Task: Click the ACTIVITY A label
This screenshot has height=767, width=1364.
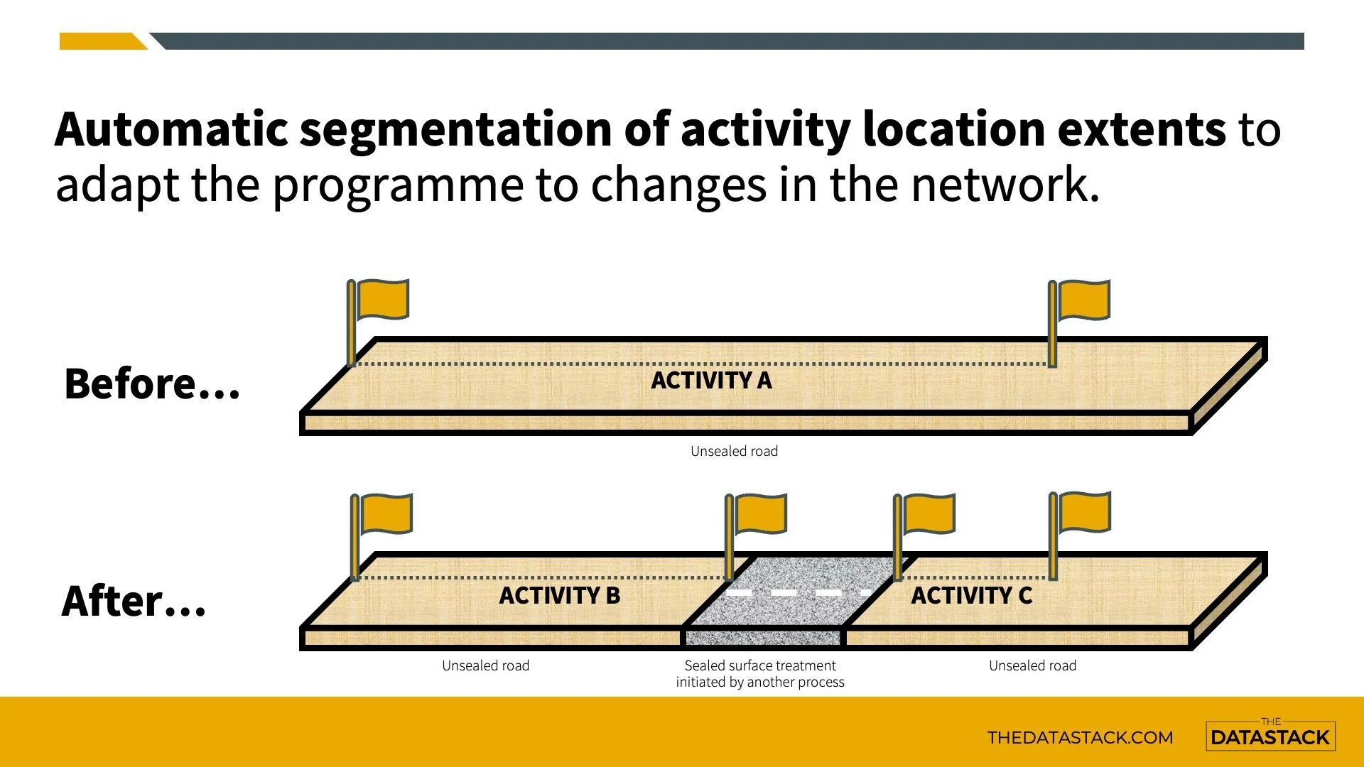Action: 711,381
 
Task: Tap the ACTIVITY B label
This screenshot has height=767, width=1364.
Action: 559,595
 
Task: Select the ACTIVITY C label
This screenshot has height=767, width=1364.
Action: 971,595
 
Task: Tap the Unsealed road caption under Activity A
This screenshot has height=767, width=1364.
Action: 734,451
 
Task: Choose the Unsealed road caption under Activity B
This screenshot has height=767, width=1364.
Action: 485,665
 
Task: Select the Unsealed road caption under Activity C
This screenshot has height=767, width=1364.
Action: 1032,665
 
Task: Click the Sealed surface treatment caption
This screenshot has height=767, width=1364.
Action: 760,673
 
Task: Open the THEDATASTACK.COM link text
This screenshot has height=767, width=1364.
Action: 1080,737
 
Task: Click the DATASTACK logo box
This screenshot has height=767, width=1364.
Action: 1270,736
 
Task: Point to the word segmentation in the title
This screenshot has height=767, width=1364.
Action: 455,129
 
